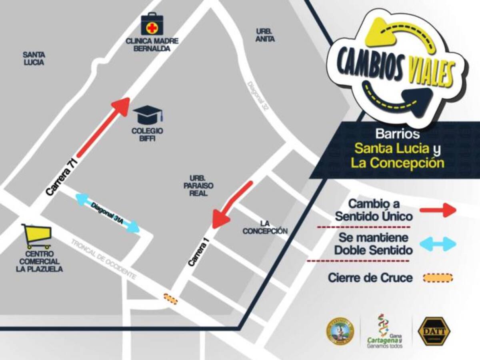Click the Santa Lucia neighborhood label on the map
(x=34, y=58)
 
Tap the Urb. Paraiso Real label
(x=198, y=186)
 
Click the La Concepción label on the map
(x=265, y=227)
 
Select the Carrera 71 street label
(x=61, y=176)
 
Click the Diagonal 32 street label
(x=257, y=96)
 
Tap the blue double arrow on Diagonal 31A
(x=108, y=212)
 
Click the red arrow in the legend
(x=438, y=210)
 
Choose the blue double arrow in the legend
(x=438, y=244)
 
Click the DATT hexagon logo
(x=434, y=331)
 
